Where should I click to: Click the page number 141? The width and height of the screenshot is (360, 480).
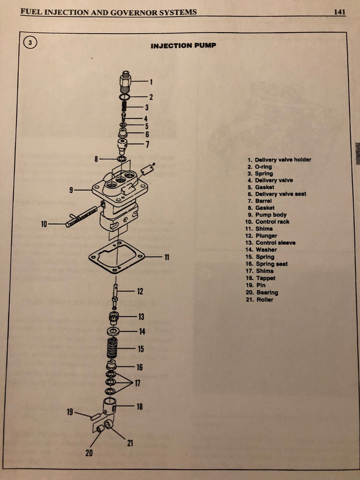(340, 12)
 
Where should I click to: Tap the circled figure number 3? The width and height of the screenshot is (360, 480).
(30, 43)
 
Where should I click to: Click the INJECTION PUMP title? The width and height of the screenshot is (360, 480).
(183, 46)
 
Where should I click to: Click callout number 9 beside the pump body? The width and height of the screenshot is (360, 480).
(71, 190)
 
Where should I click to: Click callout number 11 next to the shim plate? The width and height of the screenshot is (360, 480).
(167, 257)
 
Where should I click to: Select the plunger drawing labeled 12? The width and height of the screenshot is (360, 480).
(115, 295)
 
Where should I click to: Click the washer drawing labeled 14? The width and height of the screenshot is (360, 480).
(112, 331)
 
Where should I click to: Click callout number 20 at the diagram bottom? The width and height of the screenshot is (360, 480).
(89, 453)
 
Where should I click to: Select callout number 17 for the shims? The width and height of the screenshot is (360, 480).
(137, 383)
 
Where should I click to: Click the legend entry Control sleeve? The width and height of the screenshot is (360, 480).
(270, 243)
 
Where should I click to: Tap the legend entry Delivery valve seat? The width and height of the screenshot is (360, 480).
(277, 194)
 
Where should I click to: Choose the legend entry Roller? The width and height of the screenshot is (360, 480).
(259, 300)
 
